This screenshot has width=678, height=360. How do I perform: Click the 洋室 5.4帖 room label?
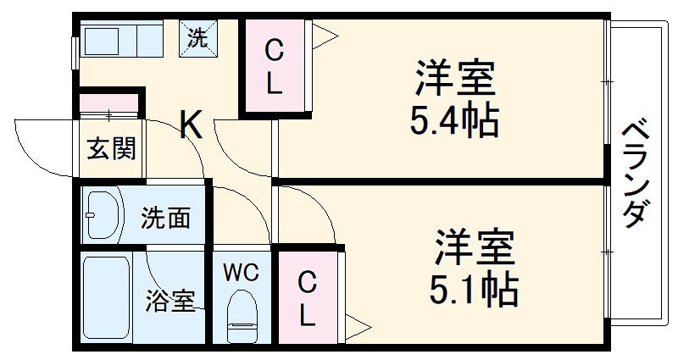coord(453,100)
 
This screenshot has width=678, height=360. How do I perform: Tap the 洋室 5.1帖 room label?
coord(475,269)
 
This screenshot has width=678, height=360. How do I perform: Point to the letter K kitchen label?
coord(192,125)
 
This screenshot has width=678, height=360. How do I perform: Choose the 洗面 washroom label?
coord(165,219)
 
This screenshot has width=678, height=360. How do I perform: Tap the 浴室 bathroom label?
coord(169,300)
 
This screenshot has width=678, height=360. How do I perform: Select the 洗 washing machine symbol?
coord(197,38)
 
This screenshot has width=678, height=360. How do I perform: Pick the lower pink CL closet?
coord(308,297)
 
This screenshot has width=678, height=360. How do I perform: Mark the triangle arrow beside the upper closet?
coord(325,36)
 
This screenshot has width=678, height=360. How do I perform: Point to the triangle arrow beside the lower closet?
coord(359,325)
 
